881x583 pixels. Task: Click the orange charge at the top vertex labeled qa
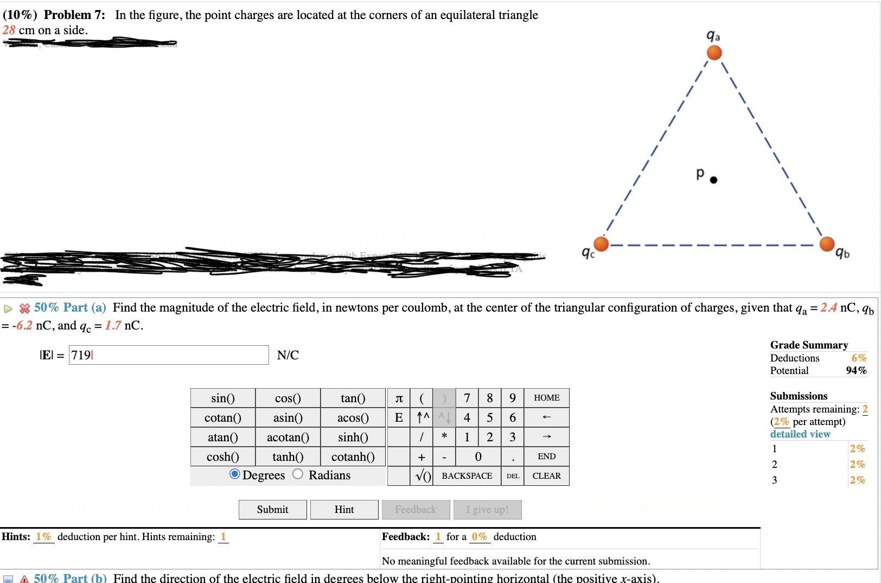tap(714, 53)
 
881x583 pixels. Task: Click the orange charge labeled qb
tap(827, 244)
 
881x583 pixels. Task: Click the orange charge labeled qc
tap(601, 244)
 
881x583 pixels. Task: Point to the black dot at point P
tap(713, 180)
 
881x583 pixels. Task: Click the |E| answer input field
tap(168, 355)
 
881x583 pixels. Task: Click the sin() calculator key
tap(222, 398)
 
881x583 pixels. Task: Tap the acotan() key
tap(288, 437)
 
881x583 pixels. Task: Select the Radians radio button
tap(298, 474)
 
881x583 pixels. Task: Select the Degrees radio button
tap(235, 474)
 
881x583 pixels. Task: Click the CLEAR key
tap(546, 476)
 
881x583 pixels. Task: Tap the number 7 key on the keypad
tap(467, 398)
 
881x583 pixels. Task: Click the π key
tap(399, 398)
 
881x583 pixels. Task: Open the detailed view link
tap(800, 434)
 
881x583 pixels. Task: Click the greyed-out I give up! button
tap(487, 510)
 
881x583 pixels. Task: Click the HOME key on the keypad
tap(546, 398)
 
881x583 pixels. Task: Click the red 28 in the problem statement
tap(9, 30)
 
